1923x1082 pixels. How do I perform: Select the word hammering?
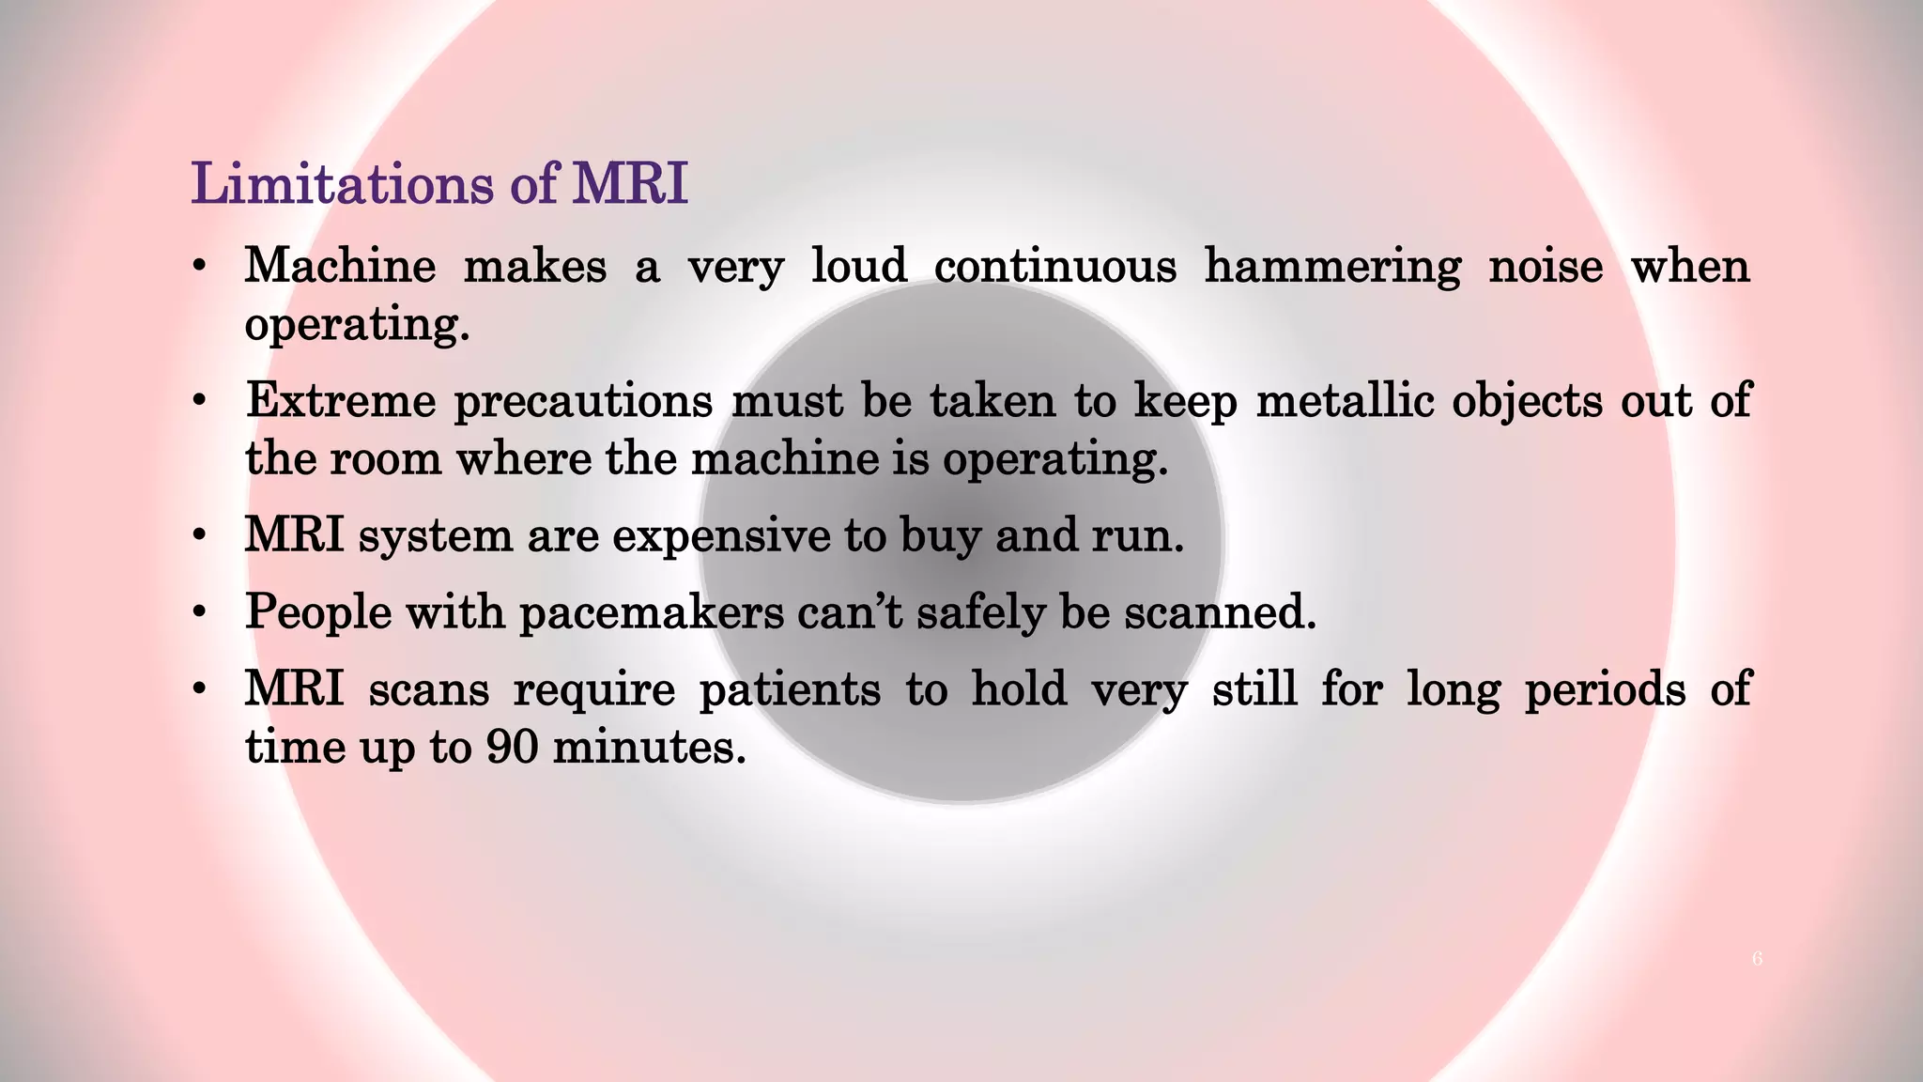point(1332,267)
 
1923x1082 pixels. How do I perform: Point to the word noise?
point(1546,267)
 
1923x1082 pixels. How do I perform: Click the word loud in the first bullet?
point(859,267)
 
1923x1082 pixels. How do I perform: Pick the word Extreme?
point(341,401)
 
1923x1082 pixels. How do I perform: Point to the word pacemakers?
point(652,613)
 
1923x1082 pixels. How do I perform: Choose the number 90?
point(512,748)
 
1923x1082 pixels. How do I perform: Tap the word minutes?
point(649,748)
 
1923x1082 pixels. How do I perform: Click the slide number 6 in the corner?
point(1757,959)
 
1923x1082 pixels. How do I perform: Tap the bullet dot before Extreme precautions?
point(198,402)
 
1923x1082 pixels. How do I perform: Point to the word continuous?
point(1054,267)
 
